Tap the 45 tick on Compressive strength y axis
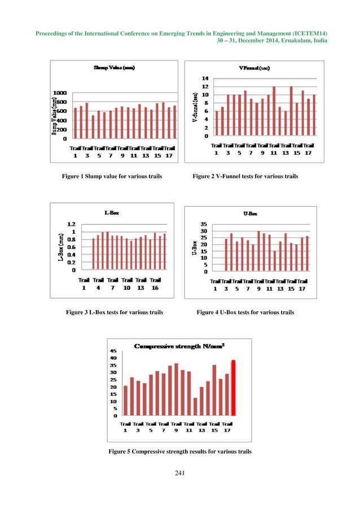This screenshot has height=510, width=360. tap(113, 350)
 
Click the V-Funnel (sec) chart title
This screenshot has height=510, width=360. tap(254, 68)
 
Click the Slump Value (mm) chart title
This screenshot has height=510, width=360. tap(116, 68)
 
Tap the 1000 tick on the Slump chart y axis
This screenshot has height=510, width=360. tap(59, 93)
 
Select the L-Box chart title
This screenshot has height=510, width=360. tap(111, 213)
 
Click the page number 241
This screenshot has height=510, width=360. tap(180, 473)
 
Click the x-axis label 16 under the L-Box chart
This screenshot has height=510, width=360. tap(155, 287)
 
